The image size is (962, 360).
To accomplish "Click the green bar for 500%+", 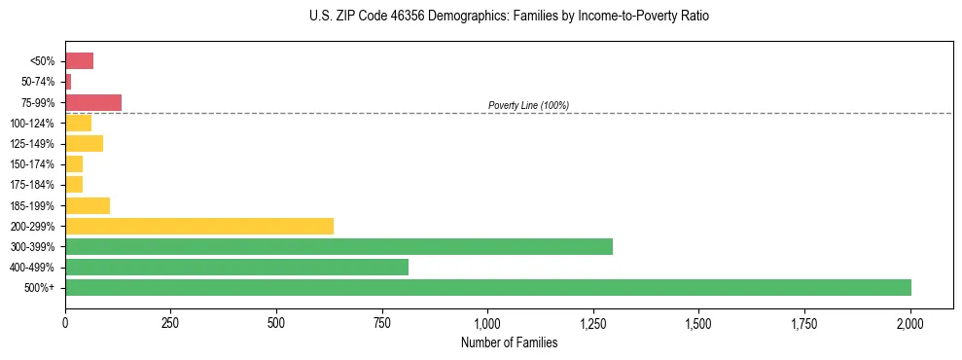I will [487, 287].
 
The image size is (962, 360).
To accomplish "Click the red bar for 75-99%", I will [93, 102].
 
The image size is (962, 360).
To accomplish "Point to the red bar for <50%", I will [79, 61].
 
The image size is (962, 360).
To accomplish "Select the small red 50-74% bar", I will [68, 82].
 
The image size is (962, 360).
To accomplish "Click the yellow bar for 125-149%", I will [84, 144].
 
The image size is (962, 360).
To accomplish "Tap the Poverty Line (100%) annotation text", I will [528, 105].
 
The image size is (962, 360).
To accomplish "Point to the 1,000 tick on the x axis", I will [487, 322].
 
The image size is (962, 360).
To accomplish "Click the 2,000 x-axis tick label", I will [910, 322].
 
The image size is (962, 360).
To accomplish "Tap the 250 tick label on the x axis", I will [170, 322].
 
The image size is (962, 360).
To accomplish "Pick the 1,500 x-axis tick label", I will [698, 322].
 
